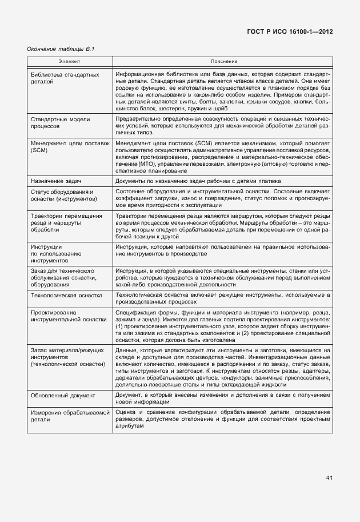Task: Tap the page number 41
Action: tap(329, 477)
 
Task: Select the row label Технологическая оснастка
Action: tap(67, 295)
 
